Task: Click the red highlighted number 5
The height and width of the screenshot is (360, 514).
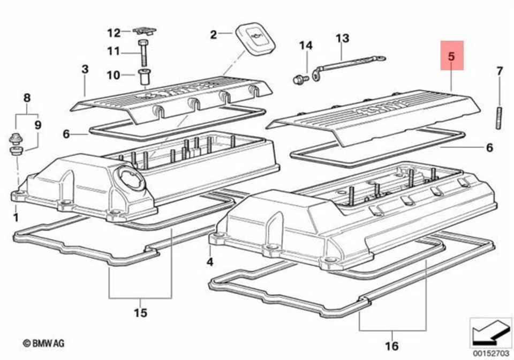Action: [451, 56]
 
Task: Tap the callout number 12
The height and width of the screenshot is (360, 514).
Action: [114, 33]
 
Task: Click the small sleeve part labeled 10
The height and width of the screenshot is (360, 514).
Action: [143, 77]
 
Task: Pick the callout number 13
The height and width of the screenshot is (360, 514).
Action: [342, 38]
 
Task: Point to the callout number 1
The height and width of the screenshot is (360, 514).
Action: [16, 217]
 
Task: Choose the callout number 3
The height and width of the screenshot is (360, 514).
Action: [85, 69]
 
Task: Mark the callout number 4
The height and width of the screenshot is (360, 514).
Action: [210, 262]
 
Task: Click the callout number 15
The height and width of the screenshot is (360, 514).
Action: [140, 313]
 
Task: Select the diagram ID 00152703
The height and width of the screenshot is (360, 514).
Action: [490, 353]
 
